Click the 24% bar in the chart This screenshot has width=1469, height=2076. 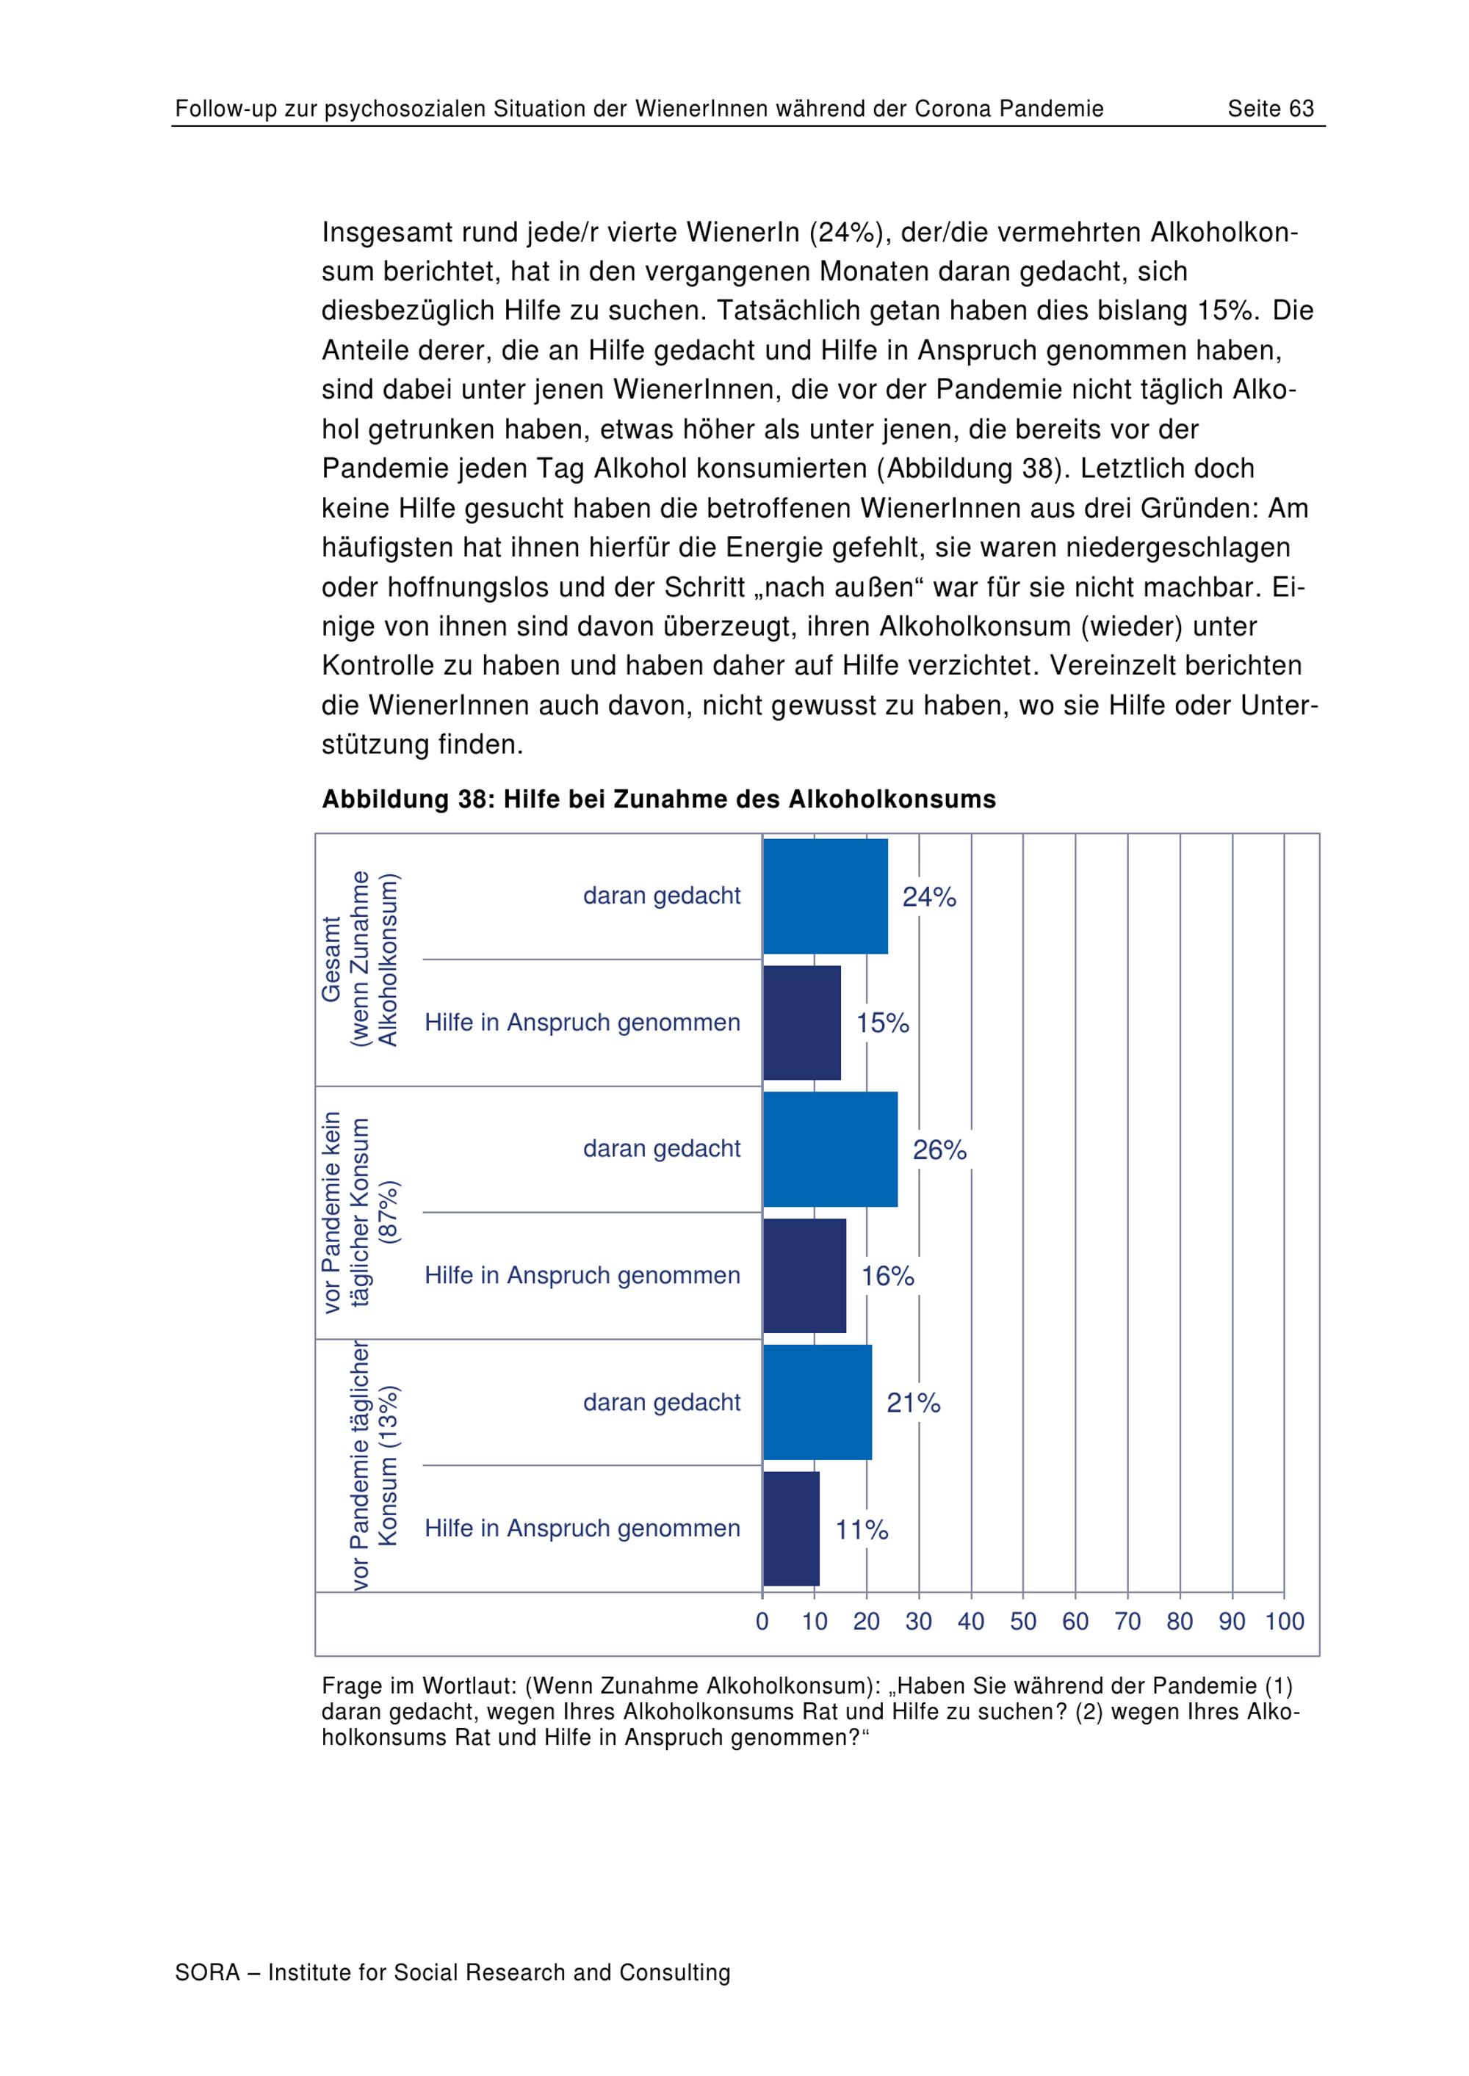[825, 896]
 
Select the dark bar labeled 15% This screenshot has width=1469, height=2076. [802, 1023]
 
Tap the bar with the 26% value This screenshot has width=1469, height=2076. [831, 1150]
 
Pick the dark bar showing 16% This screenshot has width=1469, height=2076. [805, 1276]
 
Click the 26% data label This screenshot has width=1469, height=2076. [940, 1150]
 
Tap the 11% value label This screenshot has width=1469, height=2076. [862, 1530]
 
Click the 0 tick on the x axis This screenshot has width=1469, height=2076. [762, 1621]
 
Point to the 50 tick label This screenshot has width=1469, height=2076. [1023, 1621]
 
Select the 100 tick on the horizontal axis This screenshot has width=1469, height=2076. [1285, 1621]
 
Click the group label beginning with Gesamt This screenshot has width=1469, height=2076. [359, 959]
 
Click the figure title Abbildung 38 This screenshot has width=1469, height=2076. [659, 799]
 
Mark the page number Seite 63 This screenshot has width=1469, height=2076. [1270, 109]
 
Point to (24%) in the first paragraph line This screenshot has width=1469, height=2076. [845, 233]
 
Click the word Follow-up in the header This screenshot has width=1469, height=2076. [226, 109]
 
